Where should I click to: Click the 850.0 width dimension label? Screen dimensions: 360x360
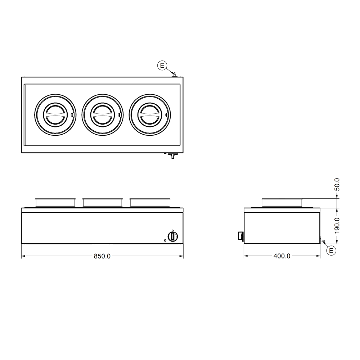click(x=102, y=256)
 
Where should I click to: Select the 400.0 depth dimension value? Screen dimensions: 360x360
click(x=282, y=256)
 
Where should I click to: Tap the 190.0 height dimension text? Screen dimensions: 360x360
click(x=337, y=226)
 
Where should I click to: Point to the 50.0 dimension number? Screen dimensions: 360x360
click(x=337, y=184)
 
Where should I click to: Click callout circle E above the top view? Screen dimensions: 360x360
click(x=162, y=66)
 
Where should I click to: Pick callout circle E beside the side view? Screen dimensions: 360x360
click(x=331, y=250)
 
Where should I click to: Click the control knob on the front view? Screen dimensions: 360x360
click(x=173, y=237)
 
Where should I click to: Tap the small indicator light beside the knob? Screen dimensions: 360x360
click(x=165, y=240)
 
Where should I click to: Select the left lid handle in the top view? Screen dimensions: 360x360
click(x=55, y=114)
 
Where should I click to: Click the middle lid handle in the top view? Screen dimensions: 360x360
click(x=102, y=114)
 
